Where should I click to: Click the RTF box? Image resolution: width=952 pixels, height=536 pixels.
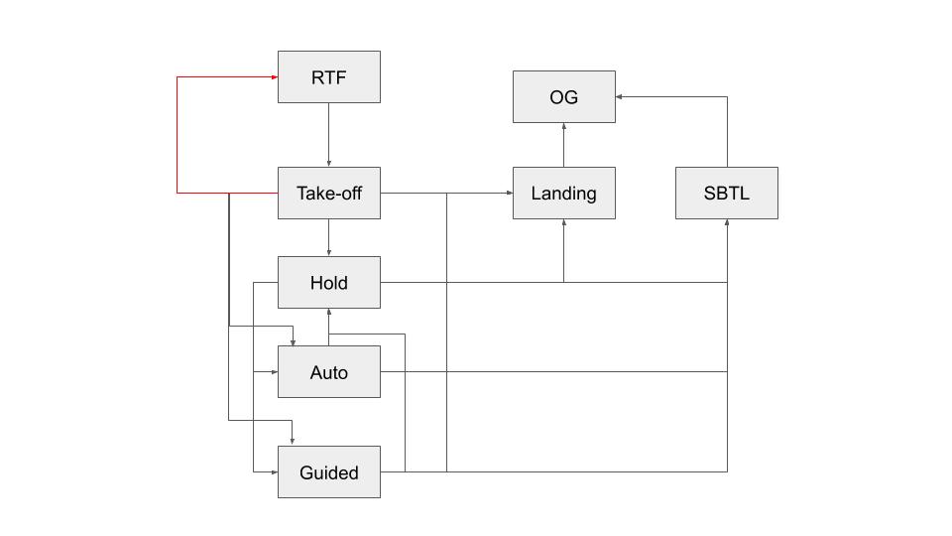coord(328,76)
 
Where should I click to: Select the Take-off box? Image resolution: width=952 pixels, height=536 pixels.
coord(328,194)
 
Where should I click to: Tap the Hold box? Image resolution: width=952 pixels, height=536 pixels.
coord(328,283)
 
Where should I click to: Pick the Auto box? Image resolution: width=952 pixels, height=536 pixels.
coord(328,372)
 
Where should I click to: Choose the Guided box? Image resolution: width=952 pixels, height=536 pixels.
coord(328,472)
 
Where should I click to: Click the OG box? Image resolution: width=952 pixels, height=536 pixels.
coord(563,97)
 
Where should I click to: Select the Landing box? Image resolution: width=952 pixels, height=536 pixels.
coord(563,194)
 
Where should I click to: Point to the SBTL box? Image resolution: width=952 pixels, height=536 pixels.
coord(726,194)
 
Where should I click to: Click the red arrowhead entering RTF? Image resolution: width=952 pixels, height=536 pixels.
coord(273,76)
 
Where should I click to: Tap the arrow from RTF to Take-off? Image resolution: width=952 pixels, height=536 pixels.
coord(328,134)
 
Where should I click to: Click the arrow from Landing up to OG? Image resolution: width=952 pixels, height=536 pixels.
coord(563,145)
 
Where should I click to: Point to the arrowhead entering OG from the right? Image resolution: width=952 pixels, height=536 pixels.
coord(620,97)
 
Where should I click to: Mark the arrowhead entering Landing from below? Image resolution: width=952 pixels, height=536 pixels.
coord(563,223)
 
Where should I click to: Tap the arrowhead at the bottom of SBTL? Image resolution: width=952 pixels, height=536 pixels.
coord(727,223)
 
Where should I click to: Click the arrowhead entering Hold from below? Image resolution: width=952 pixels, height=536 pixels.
coord(328,313)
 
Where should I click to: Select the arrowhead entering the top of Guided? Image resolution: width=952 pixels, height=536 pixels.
coord(293,441)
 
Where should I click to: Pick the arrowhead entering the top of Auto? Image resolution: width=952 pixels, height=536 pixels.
coord(293,341)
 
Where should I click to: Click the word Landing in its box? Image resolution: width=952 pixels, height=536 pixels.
coord(563,194)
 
